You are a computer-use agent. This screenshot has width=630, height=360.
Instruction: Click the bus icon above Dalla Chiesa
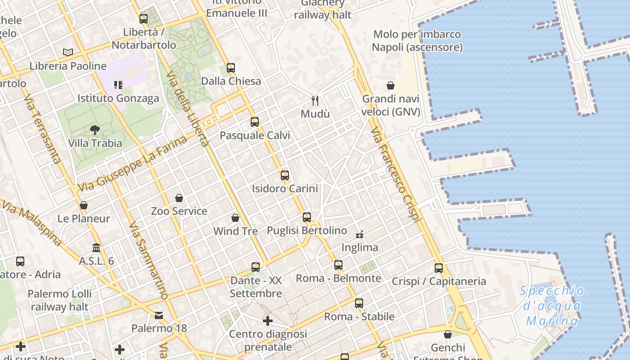[x=231, y=68]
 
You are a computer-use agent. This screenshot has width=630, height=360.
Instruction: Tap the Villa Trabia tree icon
[x=95, y=130]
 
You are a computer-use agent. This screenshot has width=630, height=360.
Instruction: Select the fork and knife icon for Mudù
[x=315, y=100]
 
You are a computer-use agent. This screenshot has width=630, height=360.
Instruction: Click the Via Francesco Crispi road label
[x=396, y=174]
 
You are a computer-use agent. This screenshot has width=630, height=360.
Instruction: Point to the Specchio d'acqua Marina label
[x=552, y=306]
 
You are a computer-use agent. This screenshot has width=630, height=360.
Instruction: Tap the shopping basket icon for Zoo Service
[x=179, y=198]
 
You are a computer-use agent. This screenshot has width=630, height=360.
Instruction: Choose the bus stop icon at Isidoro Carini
[x=284, y=175]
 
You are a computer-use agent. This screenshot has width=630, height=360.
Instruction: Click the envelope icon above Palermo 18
[x=159, y=315]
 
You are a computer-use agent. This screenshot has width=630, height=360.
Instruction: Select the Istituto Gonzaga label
[x=118, y=98]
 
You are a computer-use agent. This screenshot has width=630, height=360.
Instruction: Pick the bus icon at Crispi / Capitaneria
[x=439, y=268]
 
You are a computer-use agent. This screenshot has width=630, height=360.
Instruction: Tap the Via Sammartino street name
[x=148, y=261]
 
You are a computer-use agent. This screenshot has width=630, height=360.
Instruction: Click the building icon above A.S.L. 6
[x=96, y=247]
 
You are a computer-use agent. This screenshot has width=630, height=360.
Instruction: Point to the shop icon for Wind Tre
[x=235, y=218]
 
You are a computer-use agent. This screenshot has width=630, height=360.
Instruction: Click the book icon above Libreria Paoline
[x=68, y=53]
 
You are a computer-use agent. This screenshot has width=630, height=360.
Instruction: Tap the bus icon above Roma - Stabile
[x=359, y=303]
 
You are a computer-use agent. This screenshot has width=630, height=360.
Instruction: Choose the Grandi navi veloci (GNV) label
[x=391, y=105]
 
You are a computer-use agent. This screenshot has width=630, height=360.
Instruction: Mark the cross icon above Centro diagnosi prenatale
[x=268, y=321]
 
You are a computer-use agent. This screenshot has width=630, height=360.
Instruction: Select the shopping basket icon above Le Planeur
[x=84, y=206]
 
